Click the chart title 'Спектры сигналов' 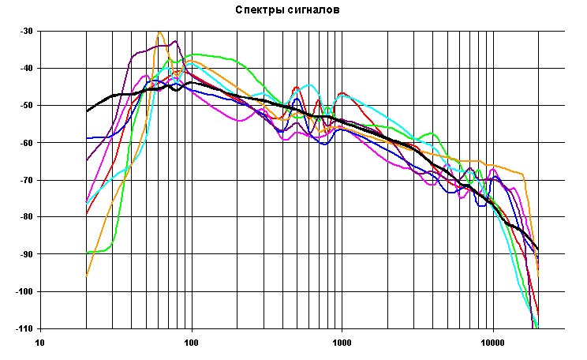point(287,10)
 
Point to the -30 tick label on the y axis point(27,31)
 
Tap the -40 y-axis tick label point(27,68)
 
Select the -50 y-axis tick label point(27,105)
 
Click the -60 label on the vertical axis point(27,142)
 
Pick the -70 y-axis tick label point(27,180)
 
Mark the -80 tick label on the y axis point(27,217)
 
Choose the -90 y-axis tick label point(27,254)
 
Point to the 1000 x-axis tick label point(342,343)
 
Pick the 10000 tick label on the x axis point(492,343)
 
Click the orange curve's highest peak point(159,32)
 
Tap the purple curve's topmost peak point(174,41)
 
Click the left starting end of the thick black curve point(86,111)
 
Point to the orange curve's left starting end point(86,276)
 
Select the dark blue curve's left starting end point(86,138)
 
